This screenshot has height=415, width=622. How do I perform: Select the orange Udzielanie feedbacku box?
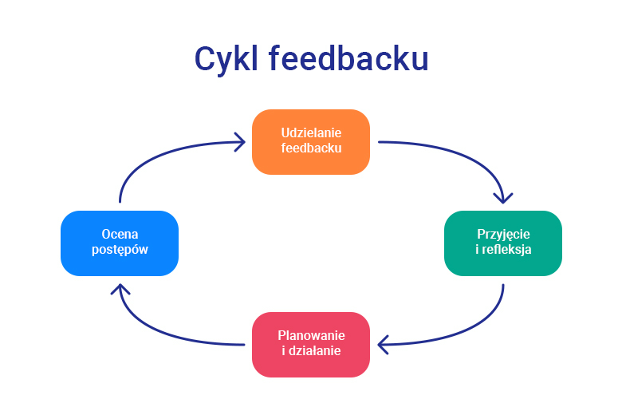(x=311, y=141)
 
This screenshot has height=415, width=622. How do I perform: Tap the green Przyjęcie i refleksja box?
(x=503, y=243)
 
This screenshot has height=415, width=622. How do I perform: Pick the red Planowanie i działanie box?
(x=311, y=344)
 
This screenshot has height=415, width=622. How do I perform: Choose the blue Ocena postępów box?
(x=120, y=243)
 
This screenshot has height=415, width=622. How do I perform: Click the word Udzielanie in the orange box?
(x=311, y=133)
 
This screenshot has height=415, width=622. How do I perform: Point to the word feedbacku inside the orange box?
(x=311, y=149)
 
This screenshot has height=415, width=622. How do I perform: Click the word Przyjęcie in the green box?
(x=503, y=235)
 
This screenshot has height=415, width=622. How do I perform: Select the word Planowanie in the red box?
(x=311, y=335)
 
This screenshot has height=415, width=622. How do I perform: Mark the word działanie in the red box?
(x=315, y=351)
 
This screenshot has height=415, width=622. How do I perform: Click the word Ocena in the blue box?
(x=120, y=235)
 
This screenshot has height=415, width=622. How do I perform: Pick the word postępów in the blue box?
(x=120, y=251)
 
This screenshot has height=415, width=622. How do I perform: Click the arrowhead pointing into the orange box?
(x=238, y=143)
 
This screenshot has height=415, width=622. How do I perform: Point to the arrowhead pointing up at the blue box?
(x=120, y=289)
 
